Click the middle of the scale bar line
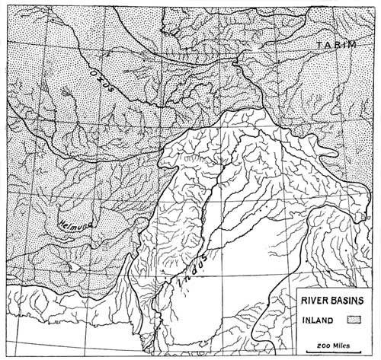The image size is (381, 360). (332, 351)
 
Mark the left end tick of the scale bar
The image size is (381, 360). (306, 351)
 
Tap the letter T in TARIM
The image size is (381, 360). (321, 47)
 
